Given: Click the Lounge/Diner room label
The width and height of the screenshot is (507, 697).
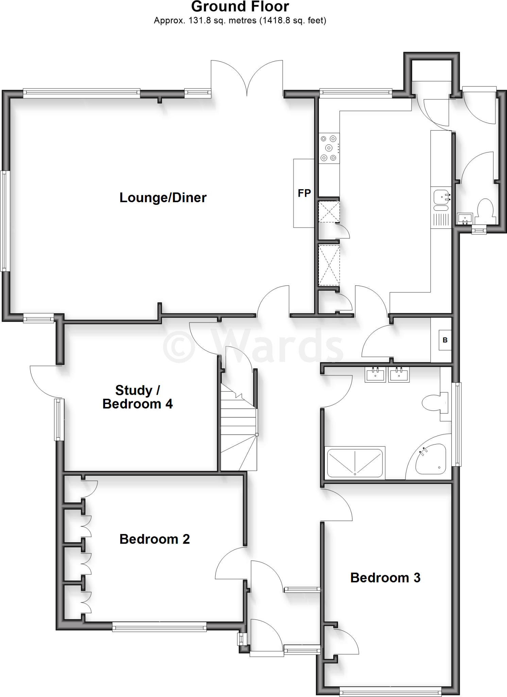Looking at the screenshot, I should (163, 198).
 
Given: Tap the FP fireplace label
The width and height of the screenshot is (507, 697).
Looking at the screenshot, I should (304, 193).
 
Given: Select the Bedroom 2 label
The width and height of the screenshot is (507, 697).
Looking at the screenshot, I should (154, 539).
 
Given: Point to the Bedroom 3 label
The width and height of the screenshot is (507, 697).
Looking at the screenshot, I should (385, 578).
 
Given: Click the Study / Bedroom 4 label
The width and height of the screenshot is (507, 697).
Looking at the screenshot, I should (137, 397).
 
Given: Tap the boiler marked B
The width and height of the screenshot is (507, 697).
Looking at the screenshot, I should (445, 340).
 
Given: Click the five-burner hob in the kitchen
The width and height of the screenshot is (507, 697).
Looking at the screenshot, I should (329, 148).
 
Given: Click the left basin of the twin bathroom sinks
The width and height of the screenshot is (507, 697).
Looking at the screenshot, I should (376, 375).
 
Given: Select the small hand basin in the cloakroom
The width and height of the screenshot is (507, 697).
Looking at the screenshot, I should (465, 218).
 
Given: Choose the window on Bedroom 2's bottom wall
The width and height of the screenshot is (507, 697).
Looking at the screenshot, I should (159, 627).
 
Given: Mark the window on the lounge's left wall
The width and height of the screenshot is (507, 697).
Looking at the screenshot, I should (4, 221).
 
